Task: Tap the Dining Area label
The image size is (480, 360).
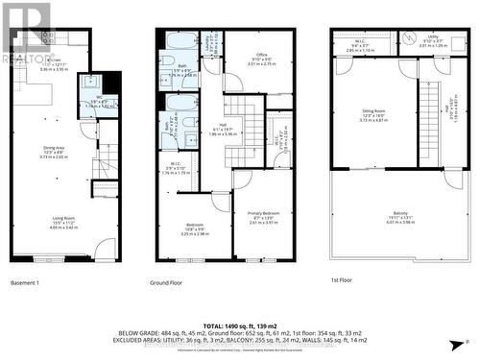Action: (x=53, y=147)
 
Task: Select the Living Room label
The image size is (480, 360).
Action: (x=63, y=218)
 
